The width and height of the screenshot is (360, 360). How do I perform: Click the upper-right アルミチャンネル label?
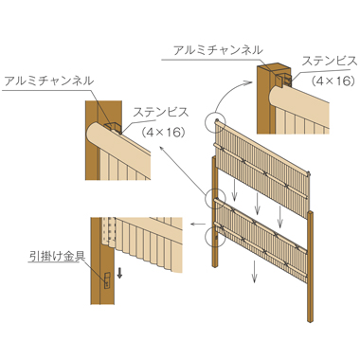tap(218, 50)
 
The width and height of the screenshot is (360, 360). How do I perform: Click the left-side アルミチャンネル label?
tap(49, 81)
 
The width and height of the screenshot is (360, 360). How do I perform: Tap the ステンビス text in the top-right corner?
tap(330, 61)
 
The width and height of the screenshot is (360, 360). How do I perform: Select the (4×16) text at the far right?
tap(333, 81)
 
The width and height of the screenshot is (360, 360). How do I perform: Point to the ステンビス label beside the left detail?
tap(161, 112)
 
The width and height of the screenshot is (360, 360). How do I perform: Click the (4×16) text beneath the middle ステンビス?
tap(164, 133)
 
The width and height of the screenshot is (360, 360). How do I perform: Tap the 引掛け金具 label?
tap(57, 256)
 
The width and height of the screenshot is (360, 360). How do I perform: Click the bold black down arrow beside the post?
tap(119, 273)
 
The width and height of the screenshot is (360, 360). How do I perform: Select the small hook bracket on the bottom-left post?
tap(107, 280)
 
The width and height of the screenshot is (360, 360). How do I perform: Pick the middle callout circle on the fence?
tap(215, 198)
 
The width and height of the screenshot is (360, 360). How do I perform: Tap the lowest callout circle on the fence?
tap(215, 237)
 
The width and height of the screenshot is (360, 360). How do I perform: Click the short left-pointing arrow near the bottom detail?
tap(198, 225)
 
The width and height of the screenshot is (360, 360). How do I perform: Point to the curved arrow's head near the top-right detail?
tap(249, 82)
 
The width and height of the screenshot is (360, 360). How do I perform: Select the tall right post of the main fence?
tap(311, 266)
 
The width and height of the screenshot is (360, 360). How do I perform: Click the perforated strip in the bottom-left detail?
tap(109, 233)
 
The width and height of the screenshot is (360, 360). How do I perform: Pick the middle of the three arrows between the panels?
tap(258, 204)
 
